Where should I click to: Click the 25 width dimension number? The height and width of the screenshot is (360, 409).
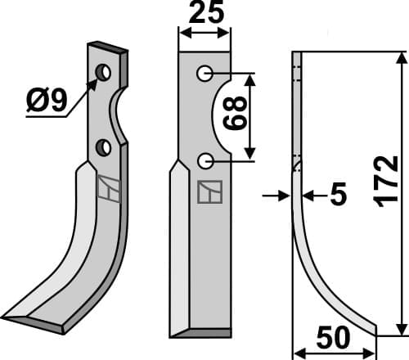pyautogui.click(x=204, y=14)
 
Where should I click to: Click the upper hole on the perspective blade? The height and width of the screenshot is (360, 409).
pyautogui.click(x=104, y=74)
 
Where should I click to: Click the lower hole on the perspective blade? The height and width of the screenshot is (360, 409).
pyautogui.click(x=104, y=147)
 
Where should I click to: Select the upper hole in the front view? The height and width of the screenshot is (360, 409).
pyautogui.click(x=204, y=74)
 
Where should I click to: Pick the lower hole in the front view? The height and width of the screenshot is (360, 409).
pyautogui.click(x=204, y=159)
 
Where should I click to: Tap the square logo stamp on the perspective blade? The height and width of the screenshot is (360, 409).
pyautogui.click(x=108, y=189)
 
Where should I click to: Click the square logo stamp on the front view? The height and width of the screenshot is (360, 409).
pyautogui.click(x=208, y=193)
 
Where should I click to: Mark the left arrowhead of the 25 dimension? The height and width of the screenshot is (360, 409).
pyautogui.click(x=182, y=33)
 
